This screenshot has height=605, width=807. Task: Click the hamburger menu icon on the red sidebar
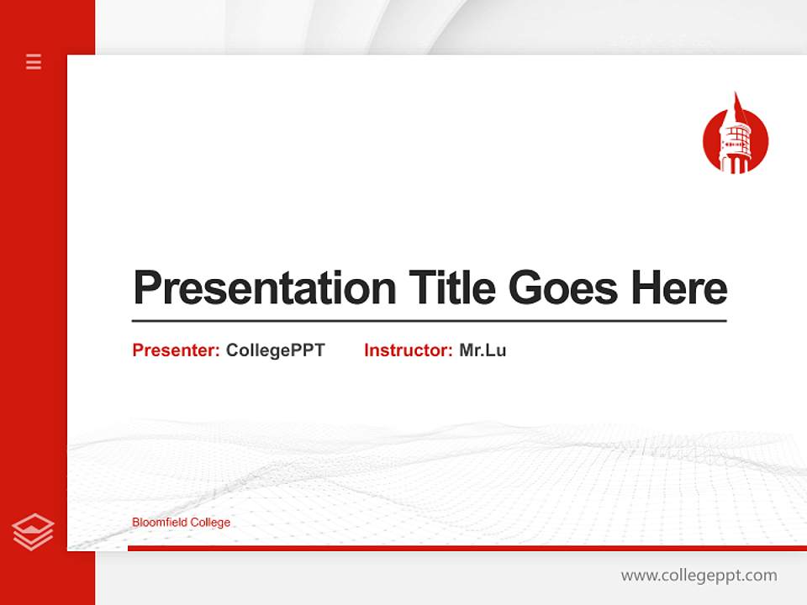[34, 61]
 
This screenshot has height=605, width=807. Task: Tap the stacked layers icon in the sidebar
[33, 532]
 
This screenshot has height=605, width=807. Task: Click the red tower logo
[736, 139]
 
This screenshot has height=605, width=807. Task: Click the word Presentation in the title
[264, 288]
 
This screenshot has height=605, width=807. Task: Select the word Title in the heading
[452, 288]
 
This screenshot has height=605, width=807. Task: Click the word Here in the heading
[679, 288]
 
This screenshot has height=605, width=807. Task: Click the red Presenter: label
[176, 350]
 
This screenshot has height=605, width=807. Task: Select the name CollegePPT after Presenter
[275, 350]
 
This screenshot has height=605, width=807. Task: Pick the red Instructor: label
[408, 350]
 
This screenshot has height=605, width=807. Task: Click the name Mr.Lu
[483, 350]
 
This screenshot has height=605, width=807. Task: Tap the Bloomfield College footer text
[181, 523]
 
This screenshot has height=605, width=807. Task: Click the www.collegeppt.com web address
[699, 576]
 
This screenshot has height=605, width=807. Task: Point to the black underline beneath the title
[429, 321]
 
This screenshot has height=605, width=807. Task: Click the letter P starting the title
[146, 288]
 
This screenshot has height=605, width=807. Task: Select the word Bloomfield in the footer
[160, 523]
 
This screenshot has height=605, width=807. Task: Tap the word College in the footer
[210, 523]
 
